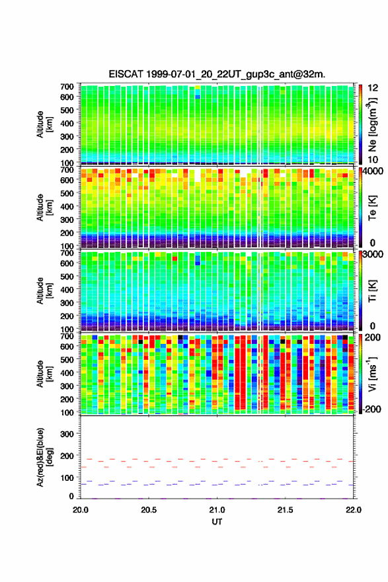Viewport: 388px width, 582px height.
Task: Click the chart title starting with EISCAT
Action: (x=217, y=74)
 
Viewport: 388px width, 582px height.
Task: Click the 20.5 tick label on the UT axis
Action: (x=148, y=510)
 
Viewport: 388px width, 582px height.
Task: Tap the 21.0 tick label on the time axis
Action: (x=217, y=510)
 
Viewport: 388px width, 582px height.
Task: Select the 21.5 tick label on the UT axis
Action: (x=286, y=510)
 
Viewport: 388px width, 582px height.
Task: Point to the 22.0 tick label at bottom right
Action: (x=353, y=510)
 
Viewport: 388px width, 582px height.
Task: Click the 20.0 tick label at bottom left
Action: (x=81, y=510)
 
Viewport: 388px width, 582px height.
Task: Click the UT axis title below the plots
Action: (x=217, y=522)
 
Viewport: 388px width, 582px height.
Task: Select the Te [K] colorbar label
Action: (x=372, y=208)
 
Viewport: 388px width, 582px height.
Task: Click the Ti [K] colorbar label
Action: (x=372, y=291)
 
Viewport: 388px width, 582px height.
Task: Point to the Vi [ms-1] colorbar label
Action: (x=372, y=374)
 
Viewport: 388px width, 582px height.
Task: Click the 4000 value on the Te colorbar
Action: (x=371, y=171)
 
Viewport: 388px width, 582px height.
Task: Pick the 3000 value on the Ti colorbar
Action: (x=372, y=254)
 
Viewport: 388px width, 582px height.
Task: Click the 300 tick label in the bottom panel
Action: (x=67, y=434)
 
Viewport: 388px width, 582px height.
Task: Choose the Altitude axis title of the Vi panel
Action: (x=44, y=374)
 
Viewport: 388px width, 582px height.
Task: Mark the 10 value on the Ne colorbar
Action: (x=373, y=159)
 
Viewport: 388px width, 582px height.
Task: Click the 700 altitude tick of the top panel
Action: (x=67, y=87)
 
